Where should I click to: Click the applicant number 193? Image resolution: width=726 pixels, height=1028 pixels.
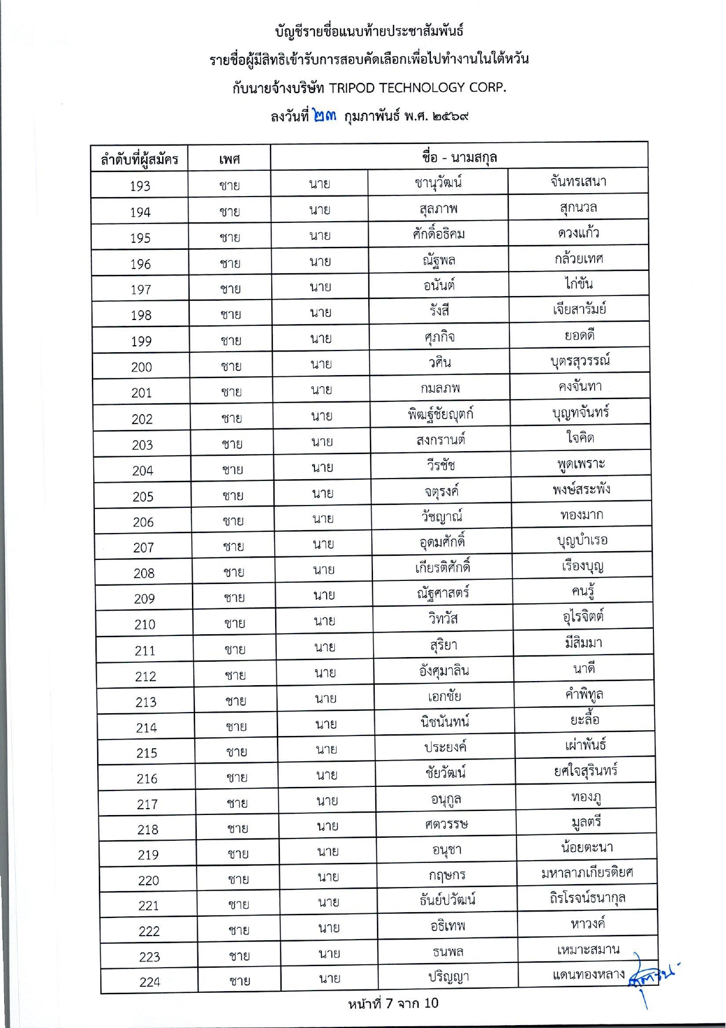coord(140,186)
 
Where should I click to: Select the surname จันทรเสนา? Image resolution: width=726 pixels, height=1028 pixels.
coord(578,181)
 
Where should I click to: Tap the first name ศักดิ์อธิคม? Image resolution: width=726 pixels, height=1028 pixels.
coord(439,234)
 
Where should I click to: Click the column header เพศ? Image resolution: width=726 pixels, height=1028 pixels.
coord(230,159)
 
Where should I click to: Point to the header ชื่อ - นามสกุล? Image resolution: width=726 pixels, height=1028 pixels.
coord(459,157)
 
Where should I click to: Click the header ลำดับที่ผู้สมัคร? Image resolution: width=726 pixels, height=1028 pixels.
coord(139,159)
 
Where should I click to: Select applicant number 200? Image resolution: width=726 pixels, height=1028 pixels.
coord(142,367)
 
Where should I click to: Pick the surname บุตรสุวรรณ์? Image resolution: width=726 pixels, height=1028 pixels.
coord(580,361)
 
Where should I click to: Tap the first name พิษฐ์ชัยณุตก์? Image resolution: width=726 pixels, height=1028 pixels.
coord(440,414)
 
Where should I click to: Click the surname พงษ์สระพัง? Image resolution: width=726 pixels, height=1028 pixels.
coord(581,489)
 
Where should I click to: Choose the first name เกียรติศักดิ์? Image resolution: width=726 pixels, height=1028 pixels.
coord(443,567)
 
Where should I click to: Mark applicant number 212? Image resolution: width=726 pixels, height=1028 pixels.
coord(145,676)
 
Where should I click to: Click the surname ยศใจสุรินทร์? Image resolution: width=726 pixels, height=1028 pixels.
coord(585,771)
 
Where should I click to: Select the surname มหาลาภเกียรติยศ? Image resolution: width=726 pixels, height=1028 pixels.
coord(587,873)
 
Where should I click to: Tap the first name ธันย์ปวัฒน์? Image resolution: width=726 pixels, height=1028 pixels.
coord(447,899)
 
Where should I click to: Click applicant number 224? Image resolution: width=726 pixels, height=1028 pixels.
coord(150,982)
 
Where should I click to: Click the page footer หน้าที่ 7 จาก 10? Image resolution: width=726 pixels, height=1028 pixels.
coord(393,1003)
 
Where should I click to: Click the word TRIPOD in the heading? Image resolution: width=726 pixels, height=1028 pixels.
coord(351,88)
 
